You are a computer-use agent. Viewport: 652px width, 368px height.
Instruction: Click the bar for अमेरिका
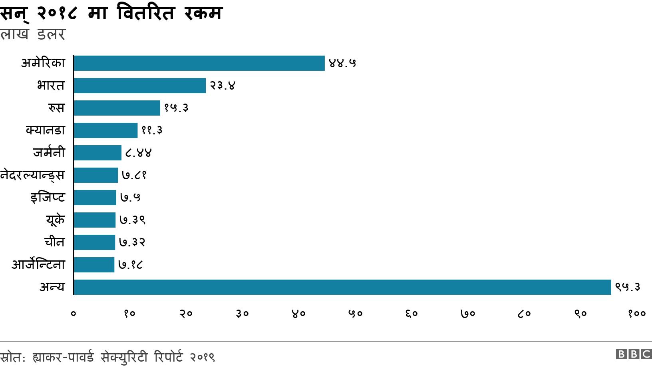coord(199,63)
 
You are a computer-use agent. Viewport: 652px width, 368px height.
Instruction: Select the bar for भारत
coord(140,86)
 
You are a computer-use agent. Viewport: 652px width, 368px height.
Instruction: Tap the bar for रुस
coord(117,108)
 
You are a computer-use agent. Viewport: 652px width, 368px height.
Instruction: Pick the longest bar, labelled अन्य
coord(342,287)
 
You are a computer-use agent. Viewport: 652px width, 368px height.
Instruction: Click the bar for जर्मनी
coord(97,153)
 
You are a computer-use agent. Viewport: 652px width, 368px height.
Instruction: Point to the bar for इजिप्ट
coord(95,198)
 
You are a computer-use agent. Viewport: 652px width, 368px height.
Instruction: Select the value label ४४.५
coord(342,63)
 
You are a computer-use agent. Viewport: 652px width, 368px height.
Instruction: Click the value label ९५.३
coord(628,287)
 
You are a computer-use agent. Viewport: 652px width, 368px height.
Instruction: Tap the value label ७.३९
coord(132,220)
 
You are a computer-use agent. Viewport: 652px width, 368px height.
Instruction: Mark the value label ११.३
coord(152,130)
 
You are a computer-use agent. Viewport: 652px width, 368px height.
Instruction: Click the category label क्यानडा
coord(45,130)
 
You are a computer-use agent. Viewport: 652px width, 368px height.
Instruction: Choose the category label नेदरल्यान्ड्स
coord(32,175)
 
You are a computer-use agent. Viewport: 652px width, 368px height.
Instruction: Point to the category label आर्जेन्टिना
coord(38,265)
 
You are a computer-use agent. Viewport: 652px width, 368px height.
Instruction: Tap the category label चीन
coord(54,242)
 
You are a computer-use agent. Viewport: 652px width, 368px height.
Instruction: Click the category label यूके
coord(55,220)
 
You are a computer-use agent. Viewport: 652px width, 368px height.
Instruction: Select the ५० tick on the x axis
coord(355,314)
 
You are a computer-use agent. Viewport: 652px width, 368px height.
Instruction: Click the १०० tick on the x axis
coord(636,314)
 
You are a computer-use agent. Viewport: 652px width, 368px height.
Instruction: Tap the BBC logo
coord(634,354)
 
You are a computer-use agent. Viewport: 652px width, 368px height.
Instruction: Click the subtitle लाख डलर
coord(32,34)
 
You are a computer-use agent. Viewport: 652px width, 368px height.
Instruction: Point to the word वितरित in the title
coord(146,14)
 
